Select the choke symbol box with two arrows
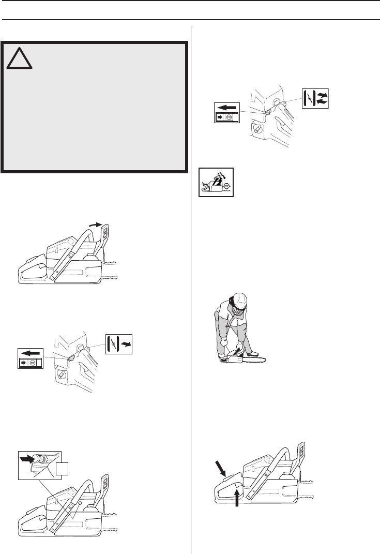click(x=314, y=98)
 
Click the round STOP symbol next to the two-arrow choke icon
click(x=227, y=118)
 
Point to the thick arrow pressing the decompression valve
click(x=26, y=458)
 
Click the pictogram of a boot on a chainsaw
click(x=216, y=181)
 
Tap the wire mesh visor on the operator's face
click(x=238, y=311)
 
